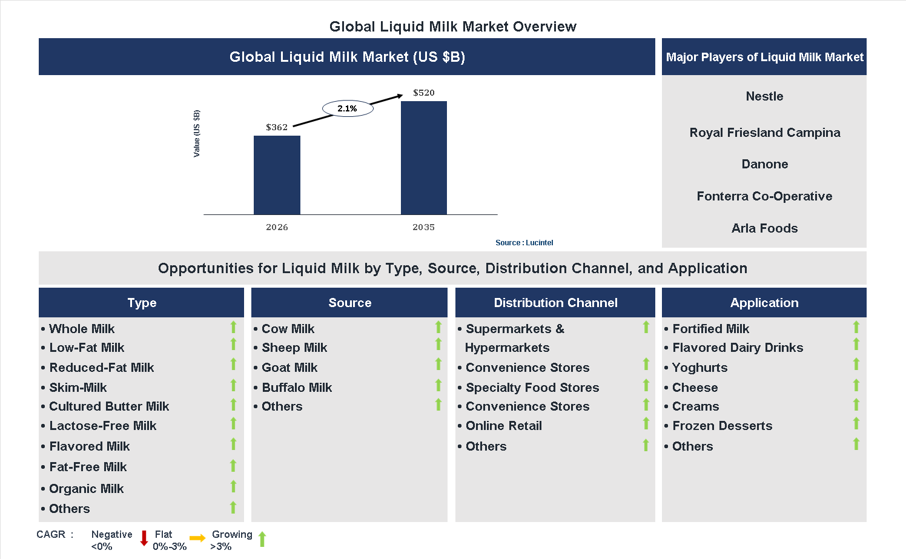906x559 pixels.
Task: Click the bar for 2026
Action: (277, 175)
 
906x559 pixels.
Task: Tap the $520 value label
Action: (423, 93)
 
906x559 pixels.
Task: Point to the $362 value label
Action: (277, 127)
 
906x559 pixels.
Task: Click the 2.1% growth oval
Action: (348, 108)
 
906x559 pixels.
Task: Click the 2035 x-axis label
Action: (423, 227)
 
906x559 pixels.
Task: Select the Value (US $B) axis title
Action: (196, 134)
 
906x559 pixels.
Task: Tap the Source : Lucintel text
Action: (524, 243)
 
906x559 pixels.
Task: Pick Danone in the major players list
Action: (764, 164)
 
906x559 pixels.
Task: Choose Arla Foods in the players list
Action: (764, 228)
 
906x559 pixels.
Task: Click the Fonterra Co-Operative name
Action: (764, 196)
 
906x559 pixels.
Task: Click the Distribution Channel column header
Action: (555, 303)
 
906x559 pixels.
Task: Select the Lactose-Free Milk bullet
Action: (102, 426)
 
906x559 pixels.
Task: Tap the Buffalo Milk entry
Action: (297, 388)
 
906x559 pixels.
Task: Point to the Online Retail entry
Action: (503, 426)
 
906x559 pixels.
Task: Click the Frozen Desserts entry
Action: (722, 426)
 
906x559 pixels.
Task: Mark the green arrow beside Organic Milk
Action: (233, 487)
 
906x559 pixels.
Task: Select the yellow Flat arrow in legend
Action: (197, 538)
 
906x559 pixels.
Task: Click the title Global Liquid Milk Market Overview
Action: (452, 27)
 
